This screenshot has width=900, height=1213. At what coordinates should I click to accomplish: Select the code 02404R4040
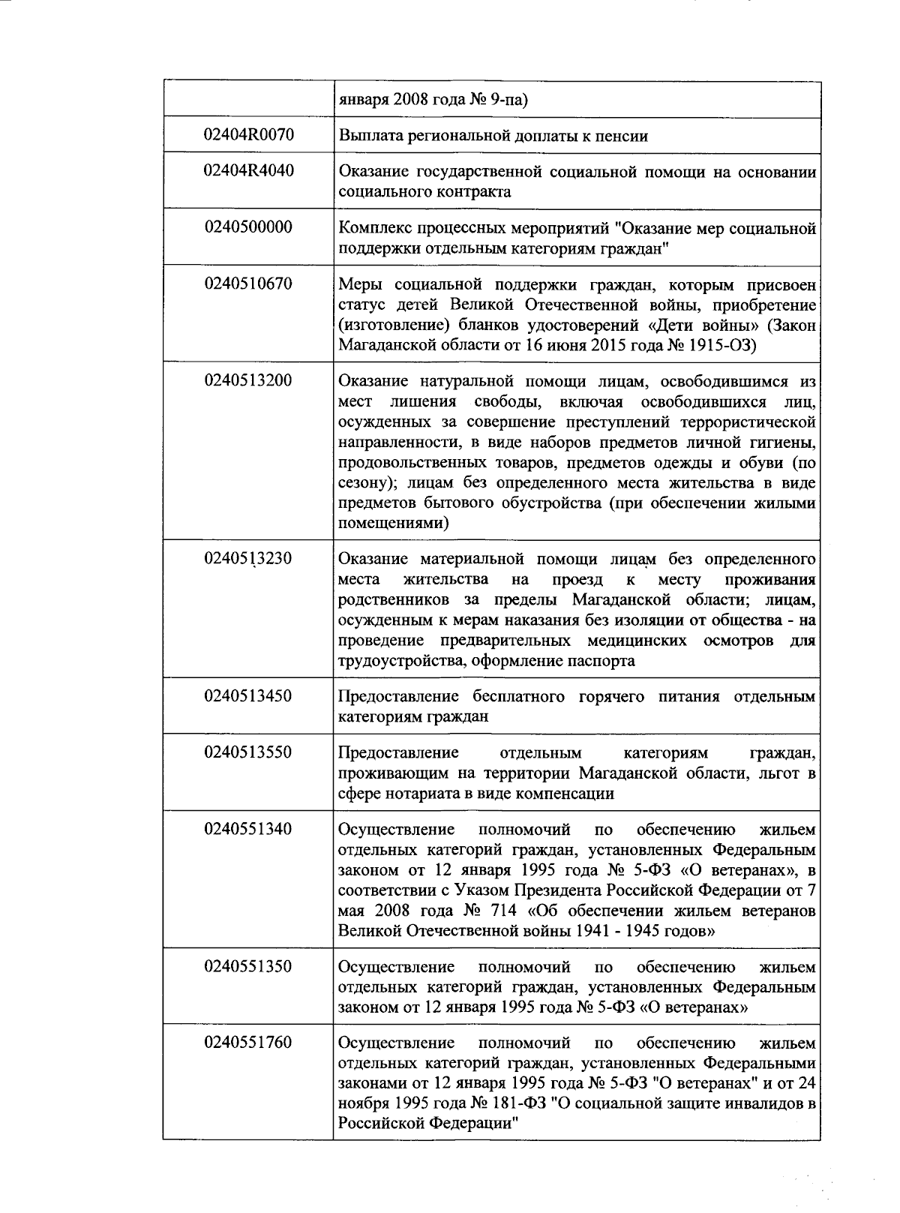pyautogui.click(x=248, y=170)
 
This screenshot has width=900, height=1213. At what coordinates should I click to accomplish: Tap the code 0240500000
pyautogui.click(x=248, y=227)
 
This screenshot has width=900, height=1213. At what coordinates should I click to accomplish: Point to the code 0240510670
pyautogui.click(x=248, y=284)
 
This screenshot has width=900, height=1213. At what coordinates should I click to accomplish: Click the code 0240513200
pyautogui.click(x=248, y=380)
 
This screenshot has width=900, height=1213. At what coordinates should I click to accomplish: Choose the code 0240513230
pyautogui.click(x=248, y=558)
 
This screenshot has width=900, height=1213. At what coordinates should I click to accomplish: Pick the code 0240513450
pyautogui.click(x=248, y=695)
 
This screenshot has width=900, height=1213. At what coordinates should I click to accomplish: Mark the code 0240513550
pyautogui.click(x=248, y=752)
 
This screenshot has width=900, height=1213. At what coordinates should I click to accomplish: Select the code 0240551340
pyautogui.click(x=248, y=829)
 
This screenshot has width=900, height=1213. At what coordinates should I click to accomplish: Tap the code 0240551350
pyautogui.click(x=248, y=966)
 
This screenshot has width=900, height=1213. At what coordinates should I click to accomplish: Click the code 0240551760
pyautogui.click(x=248, y=1043)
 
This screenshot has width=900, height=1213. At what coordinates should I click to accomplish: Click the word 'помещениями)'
pyautogui.click(x=394, y=523)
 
